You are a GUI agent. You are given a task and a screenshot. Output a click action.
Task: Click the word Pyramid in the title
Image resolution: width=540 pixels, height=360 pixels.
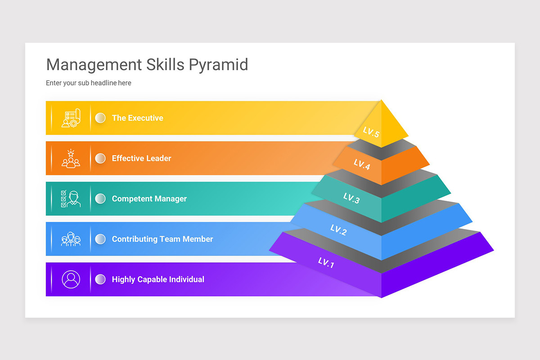tap(218, 65)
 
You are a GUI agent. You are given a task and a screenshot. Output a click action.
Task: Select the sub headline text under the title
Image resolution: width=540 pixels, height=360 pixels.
tap(89, 83)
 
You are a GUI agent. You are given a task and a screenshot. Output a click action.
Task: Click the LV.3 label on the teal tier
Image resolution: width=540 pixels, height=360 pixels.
tap(351, 198)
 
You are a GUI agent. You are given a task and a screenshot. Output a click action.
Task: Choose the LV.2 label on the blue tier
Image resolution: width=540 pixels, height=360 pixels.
tap(338, 230)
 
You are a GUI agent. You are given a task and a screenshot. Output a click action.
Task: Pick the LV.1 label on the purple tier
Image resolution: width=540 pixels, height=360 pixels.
tap(326, 262)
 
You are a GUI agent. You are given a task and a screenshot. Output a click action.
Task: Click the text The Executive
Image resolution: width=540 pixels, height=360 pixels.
tap(137, 118)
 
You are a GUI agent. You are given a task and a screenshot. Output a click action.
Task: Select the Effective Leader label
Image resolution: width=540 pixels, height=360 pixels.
tap(141, 158)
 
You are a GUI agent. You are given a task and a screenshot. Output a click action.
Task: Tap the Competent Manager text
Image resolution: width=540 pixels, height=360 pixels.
tap(149, 198)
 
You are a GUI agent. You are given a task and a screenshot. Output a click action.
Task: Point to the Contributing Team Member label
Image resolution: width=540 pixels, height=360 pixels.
tap(162, 239)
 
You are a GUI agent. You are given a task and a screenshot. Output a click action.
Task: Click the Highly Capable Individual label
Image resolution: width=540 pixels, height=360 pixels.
tap(158, 279)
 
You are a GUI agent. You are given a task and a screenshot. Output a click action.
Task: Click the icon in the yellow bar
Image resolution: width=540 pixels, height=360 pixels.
tap(71, 118)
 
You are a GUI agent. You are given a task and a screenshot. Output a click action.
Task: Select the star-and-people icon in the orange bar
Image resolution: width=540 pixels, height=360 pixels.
tap(71, 158)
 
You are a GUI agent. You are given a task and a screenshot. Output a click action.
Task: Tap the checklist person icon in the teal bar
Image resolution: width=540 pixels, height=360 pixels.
tap(71, 198)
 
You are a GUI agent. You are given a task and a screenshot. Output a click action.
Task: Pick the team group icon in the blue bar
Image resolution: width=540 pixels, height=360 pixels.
tap(71, 239)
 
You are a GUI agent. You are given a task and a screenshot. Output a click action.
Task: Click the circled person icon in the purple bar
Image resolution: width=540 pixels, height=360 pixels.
tap(71, 279)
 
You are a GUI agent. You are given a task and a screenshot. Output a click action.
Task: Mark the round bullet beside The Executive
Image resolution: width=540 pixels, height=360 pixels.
tap(100, 118)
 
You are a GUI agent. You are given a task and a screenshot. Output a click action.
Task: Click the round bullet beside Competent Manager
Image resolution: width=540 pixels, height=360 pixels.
tap(100, 198)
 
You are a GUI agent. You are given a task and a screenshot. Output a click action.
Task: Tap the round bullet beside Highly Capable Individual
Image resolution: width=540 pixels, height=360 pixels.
tap(100, 279)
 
